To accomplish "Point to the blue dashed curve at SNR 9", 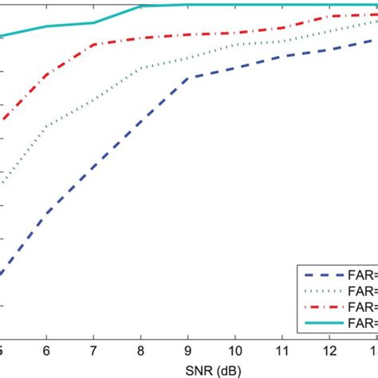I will tap(188, 77).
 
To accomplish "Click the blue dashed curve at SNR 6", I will tap(47, 213).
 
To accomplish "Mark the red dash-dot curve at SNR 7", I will tap(94, 45).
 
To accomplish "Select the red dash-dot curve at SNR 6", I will tap(47, 75).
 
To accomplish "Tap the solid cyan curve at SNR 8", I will tap(141, 6).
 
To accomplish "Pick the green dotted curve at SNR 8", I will tap(141, 69).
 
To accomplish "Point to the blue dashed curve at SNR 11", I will tap(282, 56).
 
